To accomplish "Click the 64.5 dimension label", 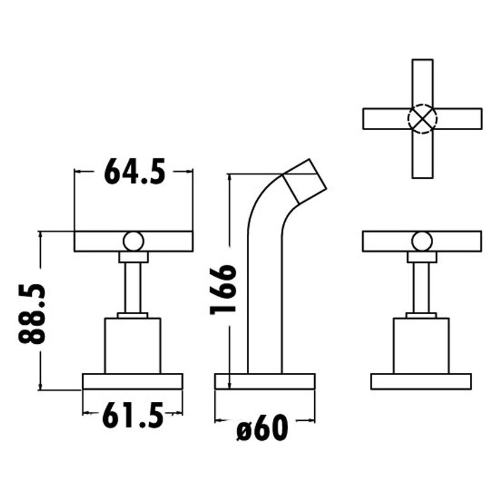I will pos(134,172).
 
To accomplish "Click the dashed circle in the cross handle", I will pos(422,118).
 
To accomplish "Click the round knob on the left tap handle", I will pos(133,241).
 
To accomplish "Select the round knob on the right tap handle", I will pos(422,241).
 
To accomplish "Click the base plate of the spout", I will pos(265,381).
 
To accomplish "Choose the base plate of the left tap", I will pos(133,381).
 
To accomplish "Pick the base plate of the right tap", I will pos(421,381).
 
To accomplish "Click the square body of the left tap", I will pos(133,346).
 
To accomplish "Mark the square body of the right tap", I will pos(421,346).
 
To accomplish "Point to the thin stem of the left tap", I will pos(133,288).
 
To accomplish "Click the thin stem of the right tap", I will pos(421,288).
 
